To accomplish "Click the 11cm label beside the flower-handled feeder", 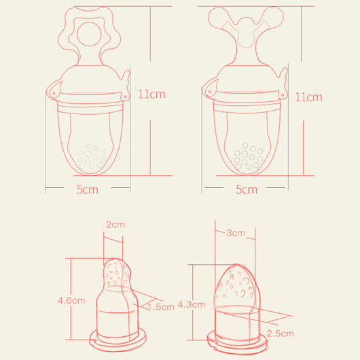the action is pyautogui.click(x=151, y=94).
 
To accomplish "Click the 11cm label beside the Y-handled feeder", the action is pyautogui.click(x=308, y=97).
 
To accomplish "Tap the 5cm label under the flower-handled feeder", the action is pyautogui.click(x=87, y=190).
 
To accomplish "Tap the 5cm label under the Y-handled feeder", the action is pyautogui.click(x=247, y=190).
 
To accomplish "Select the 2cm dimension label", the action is pyautogui.click(x=115, y=224).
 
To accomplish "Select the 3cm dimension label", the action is pyautogui.click(x=236, y=233).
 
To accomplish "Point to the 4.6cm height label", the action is pyautogui.click(x=71, y=300).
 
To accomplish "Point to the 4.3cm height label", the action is pyautogui.click(x=191, y=304).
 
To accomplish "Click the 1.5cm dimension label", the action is pyautogui.click(x=161, y=307).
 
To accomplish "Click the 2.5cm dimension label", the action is pyautogui.click(x=281, y=334).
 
